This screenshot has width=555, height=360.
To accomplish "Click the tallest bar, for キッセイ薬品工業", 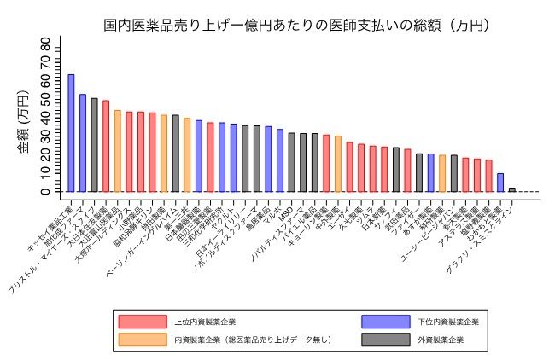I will click(71, 133).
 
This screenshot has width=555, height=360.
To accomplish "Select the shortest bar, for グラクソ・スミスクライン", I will click(512, 189).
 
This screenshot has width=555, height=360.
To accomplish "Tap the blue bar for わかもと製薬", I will click(500, 183).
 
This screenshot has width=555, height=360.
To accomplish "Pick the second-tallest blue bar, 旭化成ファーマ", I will click(83, 142).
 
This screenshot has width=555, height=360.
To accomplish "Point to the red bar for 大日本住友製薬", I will click(106, 146).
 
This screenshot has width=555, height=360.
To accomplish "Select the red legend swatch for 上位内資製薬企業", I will click(142, 322).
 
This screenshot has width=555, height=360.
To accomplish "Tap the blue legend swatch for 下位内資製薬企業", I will click(385, 322).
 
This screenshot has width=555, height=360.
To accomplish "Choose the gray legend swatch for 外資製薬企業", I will click(385, 340).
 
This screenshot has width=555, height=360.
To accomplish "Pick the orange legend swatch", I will click(142, 340).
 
